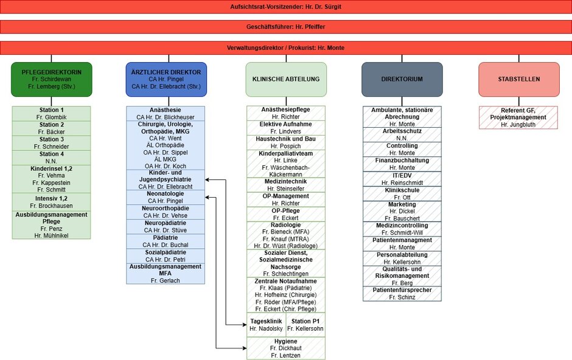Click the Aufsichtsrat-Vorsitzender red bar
click(285, 7)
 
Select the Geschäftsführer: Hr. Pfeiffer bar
click(285, 27)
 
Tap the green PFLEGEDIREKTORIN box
click(51, 79)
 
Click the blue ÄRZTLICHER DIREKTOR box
click(166, 79)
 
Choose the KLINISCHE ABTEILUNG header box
click(286, 79)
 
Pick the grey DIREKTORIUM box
click(402, 79)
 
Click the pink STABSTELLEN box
click(518, 79)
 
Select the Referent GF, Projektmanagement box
click(518, 117)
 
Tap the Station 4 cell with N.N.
click(51, 157)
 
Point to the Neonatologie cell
click(166, 197)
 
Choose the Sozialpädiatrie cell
click(166, 255)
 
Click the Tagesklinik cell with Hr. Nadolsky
click(266, 325)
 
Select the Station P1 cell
click(305, 325)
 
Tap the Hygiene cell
click(286, 348)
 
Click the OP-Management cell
click(286, 200)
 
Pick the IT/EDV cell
click(402, 179)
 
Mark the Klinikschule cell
click(402, 193)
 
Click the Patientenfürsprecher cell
click(402, 294)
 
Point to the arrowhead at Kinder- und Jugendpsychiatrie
click(208, 180)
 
